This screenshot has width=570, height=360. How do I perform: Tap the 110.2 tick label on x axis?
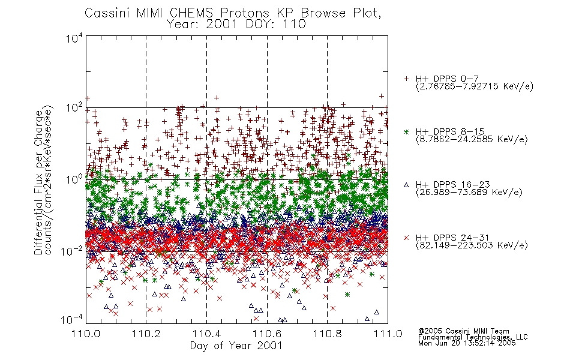(x=146, y=334)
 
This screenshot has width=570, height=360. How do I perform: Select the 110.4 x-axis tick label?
(x=206, y=334)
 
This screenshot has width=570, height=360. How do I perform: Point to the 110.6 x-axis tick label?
(x=267, y=334)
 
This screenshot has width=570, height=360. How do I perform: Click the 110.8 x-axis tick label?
(x=327, y=334)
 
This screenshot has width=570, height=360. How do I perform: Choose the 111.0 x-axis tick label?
(x=388, y=334)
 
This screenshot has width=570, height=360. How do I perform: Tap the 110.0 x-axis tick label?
(x=86, y=334)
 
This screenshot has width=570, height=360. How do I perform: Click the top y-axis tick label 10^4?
(x=74, y=38)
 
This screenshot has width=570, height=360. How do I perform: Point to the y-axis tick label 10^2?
(x=74, y=108)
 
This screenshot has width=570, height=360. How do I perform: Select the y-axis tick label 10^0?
(x=74, y=179)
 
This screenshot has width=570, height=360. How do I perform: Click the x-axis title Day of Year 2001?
(x=236, y=346)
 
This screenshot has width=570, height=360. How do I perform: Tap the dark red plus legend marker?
(x=406, y=79)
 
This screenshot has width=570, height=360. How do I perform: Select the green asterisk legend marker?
(x=406, y=131)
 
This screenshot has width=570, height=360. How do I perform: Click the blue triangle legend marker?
(x=406, y=185)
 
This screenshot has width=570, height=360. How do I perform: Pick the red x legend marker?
(x=406, y=238)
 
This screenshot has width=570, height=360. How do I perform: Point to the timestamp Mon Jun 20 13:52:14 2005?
(x=467, y=343)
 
